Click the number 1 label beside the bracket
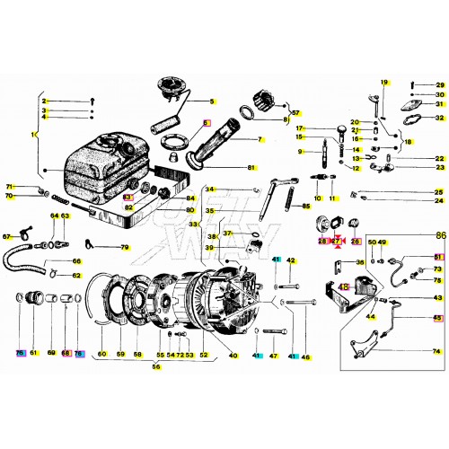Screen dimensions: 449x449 33,135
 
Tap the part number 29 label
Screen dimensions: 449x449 439,83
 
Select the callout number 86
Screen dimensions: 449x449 440,233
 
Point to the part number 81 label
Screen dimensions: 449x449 251,168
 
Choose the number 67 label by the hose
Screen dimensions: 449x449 6,237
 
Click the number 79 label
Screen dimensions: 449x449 125,247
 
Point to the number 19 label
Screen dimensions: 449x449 383,83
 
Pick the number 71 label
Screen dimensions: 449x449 9,186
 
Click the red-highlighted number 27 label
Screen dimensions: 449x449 337,242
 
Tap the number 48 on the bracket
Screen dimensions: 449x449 343,286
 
